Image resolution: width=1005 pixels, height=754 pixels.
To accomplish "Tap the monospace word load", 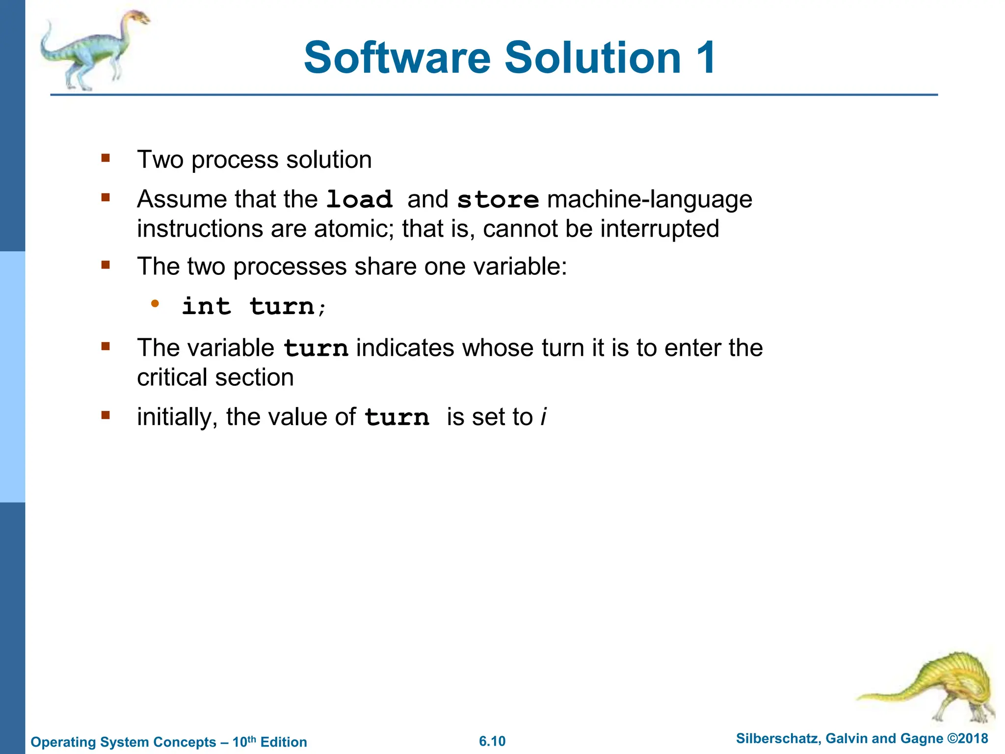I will (359, 200).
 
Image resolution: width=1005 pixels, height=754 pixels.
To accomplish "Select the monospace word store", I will (498, 200).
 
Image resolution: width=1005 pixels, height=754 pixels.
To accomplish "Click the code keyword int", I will (206, 307).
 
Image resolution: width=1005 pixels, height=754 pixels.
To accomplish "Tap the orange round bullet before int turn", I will (155, 304).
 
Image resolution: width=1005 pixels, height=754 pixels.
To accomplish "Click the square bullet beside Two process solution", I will (106, 158).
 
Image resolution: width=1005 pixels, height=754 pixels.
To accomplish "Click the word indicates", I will (405, 348).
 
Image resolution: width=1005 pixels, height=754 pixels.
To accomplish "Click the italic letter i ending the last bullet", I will (543, 417).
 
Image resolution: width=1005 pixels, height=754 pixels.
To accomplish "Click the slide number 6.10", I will (492, 741).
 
